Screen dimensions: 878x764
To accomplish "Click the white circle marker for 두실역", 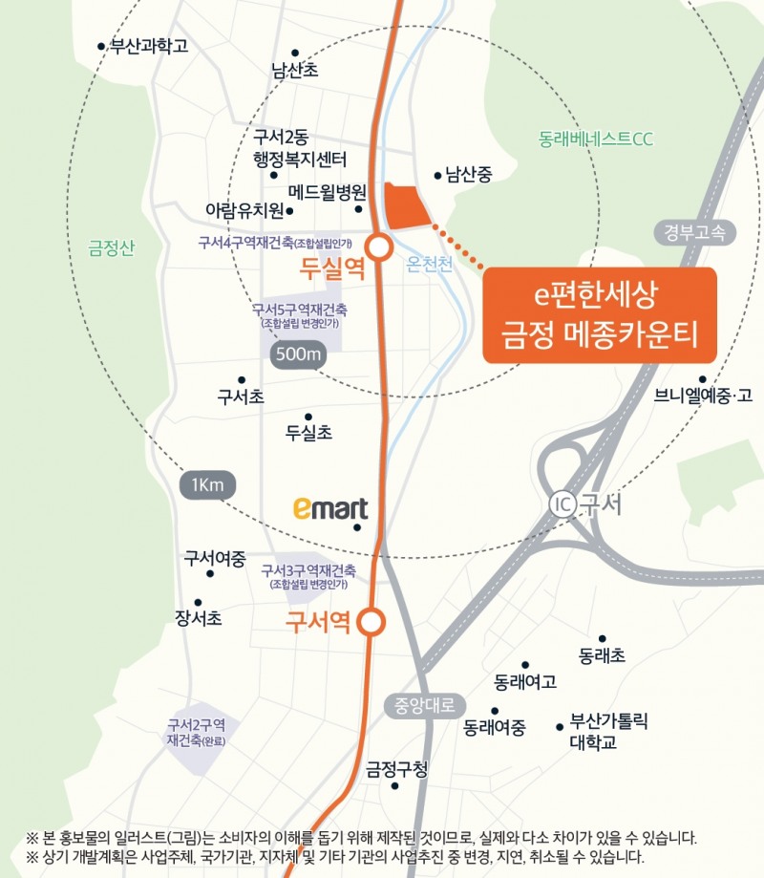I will point(379,248).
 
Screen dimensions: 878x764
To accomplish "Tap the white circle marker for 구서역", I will point(372,623).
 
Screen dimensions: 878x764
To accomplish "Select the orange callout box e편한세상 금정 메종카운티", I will point(599,315).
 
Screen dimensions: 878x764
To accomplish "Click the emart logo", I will point(329,508).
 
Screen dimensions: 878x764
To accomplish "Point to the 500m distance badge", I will point(299,354).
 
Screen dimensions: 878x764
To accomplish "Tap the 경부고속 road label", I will point(696,231).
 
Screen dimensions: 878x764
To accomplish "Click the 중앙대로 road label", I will point(425,706).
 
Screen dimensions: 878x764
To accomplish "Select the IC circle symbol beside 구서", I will point(562,504).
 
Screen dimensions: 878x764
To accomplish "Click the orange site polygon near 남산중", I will point(405,205).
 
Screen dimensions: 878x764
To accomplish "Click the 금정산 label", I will point(111,248).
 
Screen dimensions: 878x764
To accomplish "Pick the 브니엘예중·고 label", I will point(704,396).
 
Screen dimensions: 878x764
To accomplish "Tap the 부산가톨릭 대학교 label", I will point(608,731).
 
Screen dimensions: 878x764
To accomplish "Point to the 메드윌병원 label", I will point(328,190).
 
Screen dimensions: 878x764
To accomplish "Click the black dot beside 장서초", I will point(198,602).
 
